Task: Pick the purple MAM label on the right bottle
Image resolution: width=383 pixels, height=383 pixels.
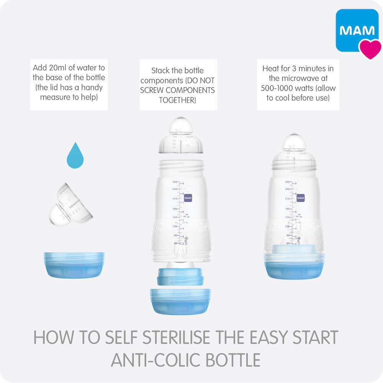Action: (301, 198)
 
